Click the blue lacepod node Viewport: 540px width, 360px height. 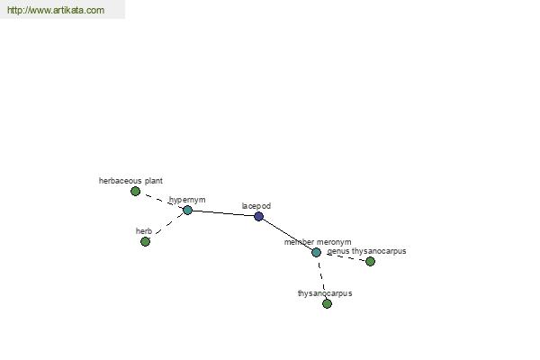(258, 216)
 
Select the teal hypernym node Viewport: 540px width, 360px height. (187, 210)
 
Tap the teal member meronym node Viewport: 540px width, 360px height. (316, 253)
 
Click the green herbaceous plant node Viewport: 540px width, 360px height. (135, 191)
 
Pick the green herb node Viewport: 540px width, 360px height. (145, 241)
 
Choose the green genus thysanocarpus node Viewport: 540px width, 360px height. (370, 262)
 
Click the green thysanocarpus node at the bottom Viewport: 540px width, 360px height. (327, 303)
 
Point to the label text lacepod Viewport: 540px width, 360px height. (256, 206)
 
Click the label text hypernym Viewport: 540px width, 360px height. (187, 200)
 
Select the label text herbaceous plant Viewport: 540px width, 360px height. (130, 181)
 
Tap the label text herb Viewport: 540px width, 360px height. (144, 231)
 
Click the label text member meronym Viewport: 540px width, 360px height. (318, 242)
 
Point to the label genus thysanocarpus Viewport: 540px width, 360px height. (367, 251)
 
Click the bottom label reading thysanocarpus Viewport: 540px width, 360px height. (325, 293)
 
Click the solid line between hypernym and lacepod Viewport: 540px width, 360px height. (223, 213)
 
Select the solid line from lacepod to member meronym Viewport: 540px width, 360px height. (288, 235)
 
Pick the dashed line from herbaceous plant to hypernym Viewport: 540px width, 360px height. (161, 201)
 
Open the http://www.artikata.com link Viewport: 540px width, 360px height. (56, 10)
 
